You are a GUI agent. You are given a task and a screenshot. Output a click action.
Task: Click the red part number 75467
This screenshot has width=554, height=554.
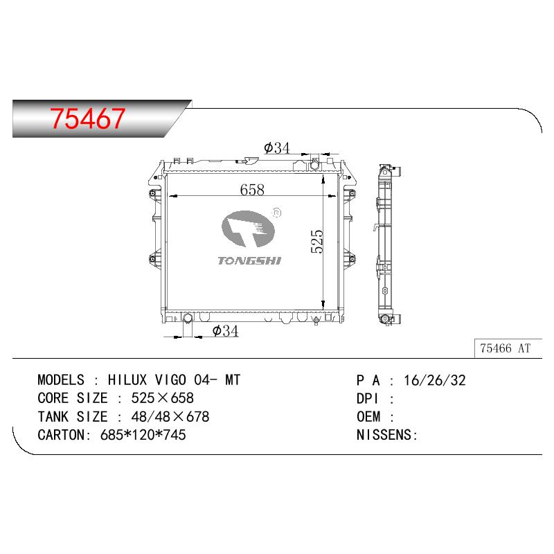tap(87, 118)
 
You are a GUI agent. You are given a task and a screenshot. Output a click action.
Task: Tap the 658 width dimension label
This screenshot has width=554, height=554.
tap(252, 190)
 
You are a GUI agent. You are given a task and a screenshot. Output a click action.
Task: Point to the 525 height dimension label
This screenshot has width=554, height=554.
tap(317, 241)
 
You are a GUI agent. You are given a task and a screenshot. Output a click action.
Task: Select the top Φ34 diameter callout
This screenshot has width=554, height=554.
tap(276, 148)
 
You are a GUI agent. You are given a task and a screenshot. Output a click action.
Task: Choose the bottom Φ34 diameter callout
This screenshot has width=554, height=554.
tap(226, 331)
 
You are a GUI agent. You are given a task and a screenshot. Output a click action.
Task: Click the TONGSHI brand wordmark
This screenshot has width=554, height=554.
tap(249, 261)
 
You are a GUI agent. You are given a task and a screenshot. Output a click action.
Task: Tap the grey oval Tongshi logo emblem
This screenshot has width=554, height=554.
tap(248, 229)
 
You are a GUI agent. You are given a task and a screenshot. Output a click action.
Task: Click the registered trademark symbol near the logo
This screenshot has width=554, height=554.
tap(276, 213)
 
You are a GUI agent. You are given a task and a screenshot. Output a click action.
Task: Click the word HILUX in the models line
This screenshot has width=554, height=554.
tap(127, 380)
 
